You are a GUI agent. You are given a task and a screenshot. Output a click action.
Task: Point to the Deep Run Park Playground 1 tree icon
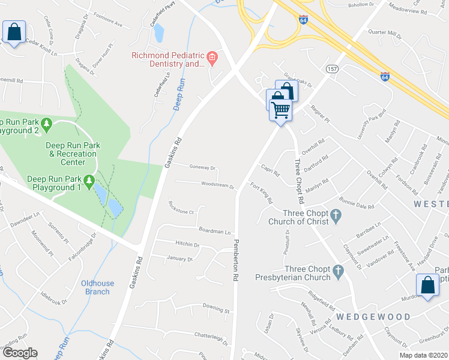point(89,179)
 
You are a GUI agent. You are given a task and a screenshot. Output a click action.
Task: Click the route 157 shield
point(331,70)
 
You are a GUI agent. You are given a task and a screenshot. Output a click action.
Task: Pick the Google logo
point(20,352)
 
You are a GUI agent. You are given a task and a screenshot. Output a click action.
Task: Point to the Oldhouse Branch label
point(96,287)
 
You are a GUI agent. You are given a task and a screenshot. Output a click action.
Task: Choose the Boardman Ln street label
point(215,231)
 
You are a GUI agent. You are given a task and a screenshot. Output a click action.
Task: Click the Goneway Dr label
point(202,168)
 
